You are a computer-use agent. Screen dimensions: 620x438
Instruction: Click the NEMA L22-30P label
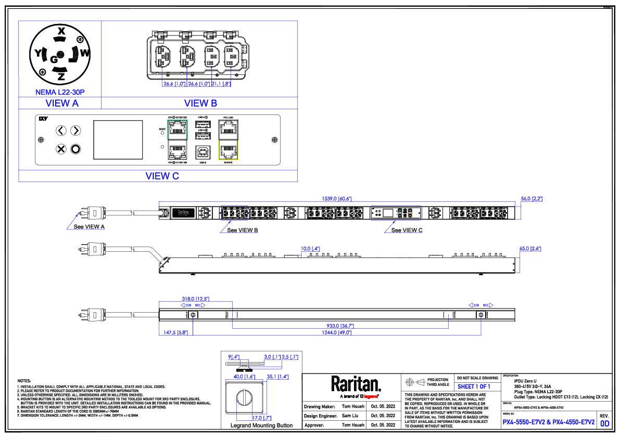pos(60,92)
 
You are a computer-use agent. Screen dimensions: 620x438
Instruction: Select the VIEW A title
pos(62,104)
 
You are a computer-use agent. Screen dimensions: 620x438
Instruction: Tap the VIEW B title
pos(200,104)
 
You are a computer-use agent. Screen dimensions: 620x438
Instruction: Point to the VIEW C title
pos(162,176)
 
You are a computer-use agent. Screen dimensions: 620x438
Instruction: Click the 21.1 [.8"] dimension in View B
pos(221,84)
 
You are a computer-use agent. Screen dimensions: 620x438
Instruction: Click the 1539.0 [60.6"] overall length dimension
pos(337,199)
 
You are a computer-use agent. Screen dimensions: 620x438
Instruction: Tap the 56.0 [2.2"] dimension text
pos(532,199)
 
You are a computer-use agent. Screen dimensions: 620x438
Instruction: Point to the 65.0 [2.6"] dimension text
pos(530,249)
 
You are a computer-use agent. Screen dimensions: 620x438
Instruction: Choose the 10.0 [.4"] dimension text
pos(310,249)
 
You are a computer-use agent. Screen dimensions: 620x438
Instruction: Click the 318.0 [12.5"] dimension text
pos(195,299)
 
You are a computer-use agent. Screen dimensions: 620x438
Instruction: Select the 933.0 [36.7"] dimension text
pos(340,326)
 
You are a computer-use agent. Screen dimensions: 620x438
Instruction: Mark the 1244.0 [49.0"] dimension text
pos(336,332)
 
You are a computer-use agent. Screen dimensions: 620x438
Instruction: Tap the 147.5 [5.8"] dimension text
pos(176,332)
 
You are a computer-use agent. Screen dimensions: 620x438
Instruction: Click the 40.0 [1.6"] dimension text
pos(244,377)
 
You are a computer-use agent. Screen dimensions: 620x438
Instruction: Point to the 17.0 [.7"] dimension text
pos(261,418)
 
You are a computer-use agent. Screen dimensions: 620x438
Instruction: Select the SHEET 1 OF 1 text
pos(474,387)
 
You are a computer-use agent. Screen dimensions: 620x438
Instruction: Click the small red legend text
pos(371,396)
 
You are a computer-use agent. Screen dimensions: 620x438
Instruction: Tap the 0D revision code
pos(604,423)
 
